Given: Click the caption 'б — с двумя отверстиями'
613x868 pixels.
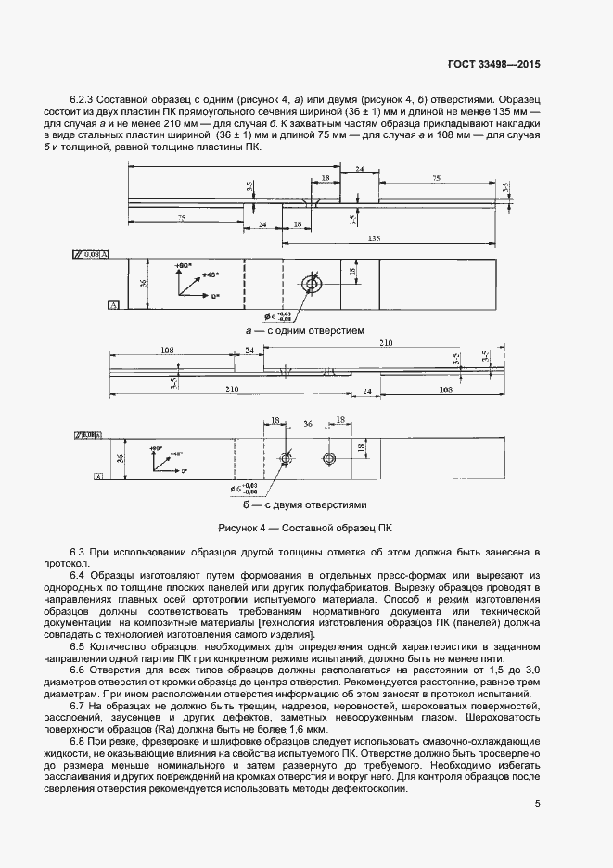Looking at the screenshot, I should [305, 505].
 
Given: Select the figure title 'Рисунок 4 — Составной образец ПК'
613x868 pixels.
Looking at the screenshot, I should [305, 528].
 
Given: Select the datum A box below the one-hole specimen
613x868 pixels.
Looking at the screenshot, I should [112, 304].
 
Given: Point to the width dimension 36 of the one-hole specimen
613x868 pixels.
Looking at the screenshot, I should [144, 283].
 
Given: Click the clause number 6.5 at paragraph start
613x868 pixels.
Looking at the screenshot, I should [78, 645].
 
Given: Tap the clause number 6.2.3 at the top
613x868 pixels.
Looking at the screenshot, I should [83, 99].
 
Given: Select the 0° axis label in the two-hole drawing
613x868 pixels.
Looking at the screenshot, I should [184, 471].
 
